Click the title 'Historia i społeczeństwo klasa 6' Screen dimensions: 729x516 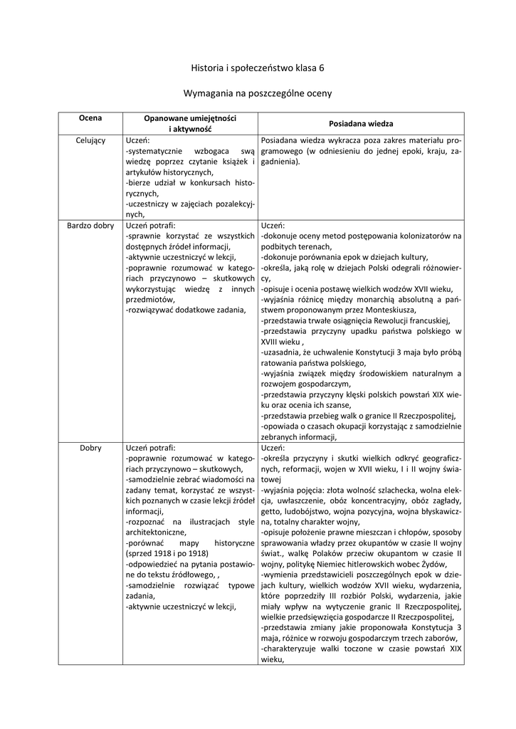click(258, 68)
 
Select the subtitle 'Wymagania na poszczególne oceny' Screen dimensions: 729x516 click(258, 93)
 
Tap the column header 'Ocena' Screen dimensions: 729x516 click(90, 117)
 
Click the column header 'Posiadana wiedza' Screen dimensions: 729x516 click(361, 123)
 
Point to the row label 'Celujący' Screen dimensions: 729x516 click(90, 140)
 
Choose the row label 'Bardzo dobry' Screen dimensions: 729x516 click(90, 226)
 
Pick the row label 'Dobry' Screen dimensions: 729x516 click(90, 449)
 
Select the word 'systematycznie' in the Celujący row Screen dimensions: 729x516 click(153, 151)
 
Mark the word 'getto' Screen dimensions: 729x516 click(271, 512)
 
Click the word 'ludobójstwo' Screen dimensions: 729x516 click(310, 512)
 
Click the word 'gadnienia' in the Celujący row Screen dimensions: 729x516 click(280, 162)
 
